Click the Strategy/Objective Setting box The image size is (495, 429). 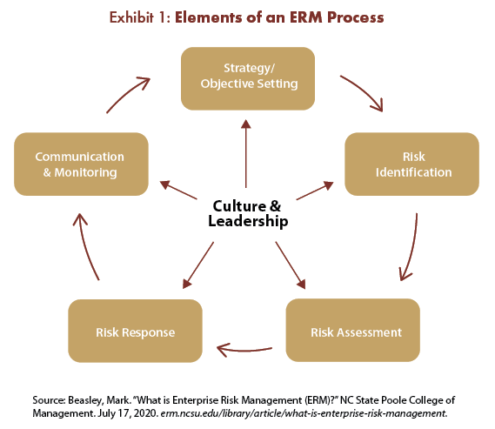click(248, 78)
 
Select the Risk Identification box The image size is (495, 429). click(412, 164)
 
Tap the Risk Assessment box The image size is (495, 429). click(353, 330)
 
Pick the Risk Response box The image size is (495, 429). click(135, 331)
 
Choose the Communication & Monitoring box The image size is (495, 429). click(81, 164)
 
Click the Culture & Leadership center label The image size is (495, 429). click(248, 213)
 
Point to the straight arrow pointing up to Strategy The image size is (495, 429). click(246, 154)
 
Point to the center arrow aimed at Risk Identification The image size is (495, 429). click(315, 191)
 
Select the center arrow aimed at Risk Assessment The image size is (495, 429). click(291, 265)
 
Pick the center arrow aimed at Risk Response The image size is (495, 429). click(198, 265)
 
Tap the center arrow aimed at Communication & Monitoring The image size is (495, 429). click(178, 190)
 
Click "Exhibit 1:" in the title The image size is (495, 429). click(140, 17)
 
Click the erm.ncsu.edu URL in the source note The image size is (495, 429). click(304, 413)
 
